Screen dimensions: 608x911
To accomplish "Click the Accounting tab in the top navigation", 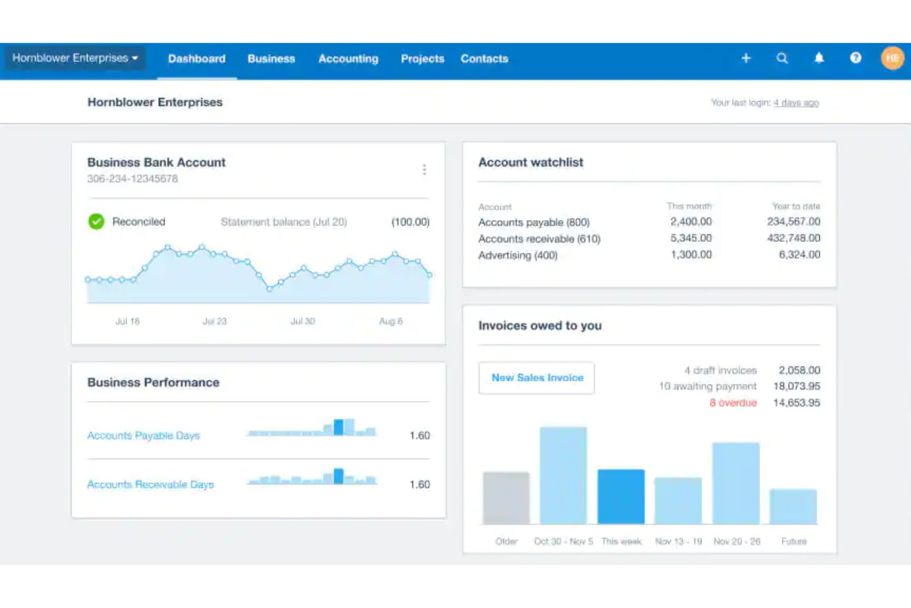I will [x=348, y=59].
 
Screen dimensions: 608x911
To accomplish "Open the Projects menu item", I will [x=422, y=59].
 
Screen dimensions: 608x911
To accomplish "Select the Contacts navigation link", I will [x=484, y=59].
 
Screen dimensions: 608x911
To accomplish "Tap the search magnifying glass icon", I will [x=782, y=59].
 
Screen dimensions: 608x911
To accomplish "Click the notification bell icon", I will [x=819, y=58].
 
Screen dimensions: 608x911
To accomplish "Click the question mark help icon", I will [x=856, y=58].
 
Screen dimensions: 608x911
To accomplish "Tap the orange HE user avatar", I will [x=892, y=58].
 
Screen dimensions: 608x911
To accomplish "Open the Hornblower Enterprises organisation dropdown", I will [x=75, y=58].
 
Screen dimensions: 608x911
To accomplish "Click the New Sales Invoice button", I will [x=537, y=378].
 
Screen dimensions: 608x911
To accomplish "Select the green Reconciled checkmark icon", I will [x=96, y=221].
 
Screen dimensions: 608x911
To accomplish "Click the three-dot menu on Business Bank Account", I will [x=424, y=169].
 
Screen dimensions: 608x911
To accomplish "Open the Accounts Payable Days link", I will [x=143, y=436].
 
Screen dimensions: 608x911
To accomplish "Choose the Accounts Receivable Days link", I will [x=150, y=485].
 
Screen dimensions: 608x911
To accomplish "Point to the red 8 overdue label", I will [x=732, y=403].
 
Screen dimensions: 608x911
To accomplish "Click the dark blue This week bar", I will [x=621, y=497].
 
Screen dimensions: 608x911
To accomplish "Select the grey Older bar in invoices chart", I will [x=506, y=498].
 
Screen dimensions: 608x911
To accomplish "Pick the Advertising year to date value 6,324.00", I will [x=799, y=254].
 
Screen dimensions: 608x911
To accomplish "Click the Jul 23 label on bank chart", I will [x=215, y=322].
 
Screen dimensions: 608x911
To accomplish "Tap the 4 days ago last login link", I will [x=796, y=103].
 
